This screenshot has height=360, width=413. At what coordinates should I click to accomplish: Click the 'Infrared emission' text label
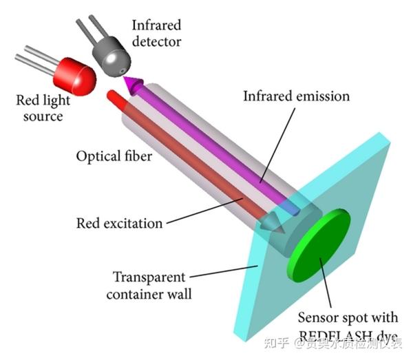296,96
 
